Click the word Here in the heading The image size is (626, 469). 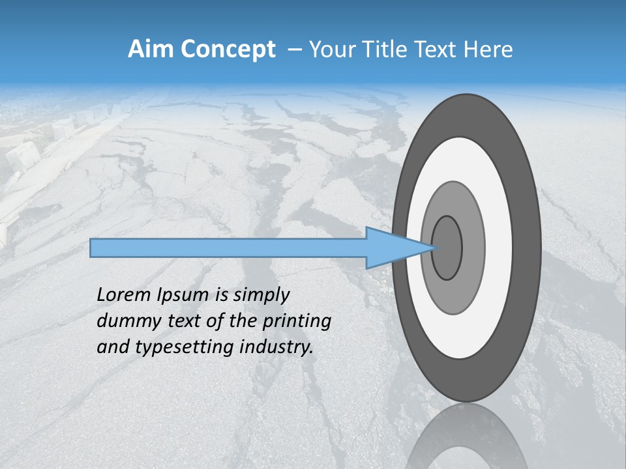point(488,50)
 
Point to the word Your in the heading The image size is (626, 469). point(333,50)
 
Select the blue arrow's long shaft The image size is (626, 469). point(228,248)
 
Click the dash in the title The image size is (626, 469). point(294,50)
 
